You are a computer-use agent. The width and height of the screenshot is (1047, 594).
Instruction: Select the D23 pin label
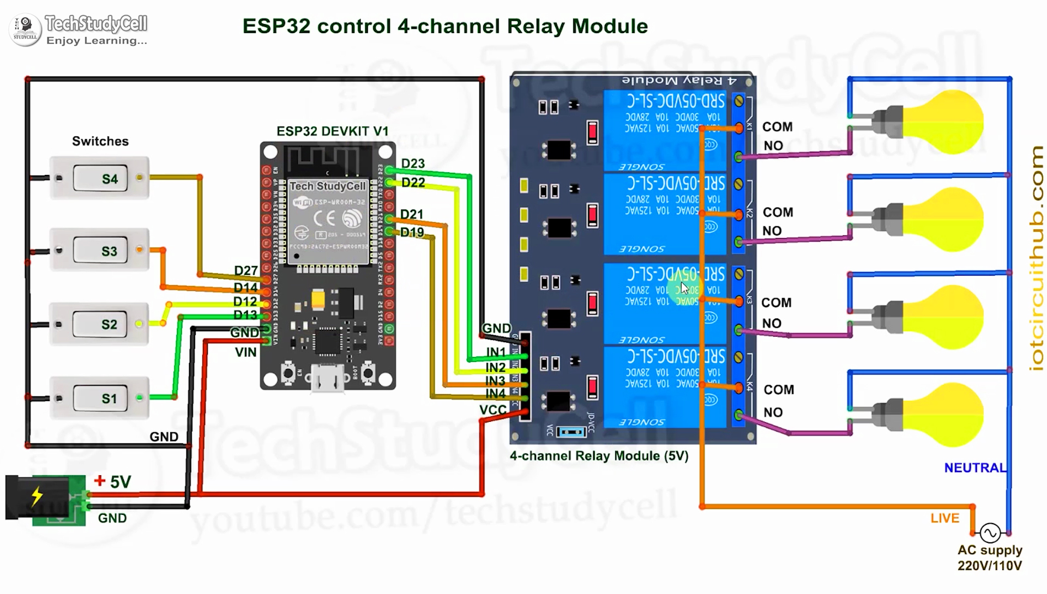point(413,163)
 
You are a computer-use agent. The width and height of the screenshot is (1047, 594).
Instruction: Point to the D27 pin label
point(245,271)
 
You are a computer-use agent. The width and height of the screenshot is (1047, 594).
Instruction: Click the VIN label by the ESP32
point(245,353)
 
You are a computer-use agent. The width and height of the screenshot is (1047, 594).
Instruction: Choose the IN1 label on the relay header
point(496,353)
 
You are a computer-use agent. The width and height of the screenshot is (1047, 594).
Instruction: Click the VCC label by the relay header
point(492,410)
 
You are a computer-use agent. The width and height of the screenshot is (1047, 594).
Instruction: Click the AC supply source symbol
point(990,532)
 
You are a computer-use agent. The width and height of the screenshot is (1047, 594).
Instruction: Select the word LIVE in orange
point(944,518)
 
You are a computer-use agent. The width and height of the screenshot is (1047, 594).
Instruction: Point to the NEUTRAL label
point(974,468)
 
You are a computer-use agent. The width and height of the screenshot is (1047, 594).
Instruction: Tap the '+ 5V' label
point(113,482)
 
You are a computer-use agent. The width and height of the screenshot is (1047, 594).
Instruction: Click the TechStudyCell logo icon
point(25,29)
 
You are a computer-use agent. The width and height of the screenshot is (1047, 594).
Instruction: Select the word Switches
point(100,142)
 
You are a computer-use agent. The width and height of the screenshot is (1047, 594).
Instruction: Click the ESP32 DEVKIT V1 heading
point(332,131)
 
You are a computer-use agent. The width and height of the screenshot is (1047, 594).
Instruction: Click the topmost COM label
point(777,127)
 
